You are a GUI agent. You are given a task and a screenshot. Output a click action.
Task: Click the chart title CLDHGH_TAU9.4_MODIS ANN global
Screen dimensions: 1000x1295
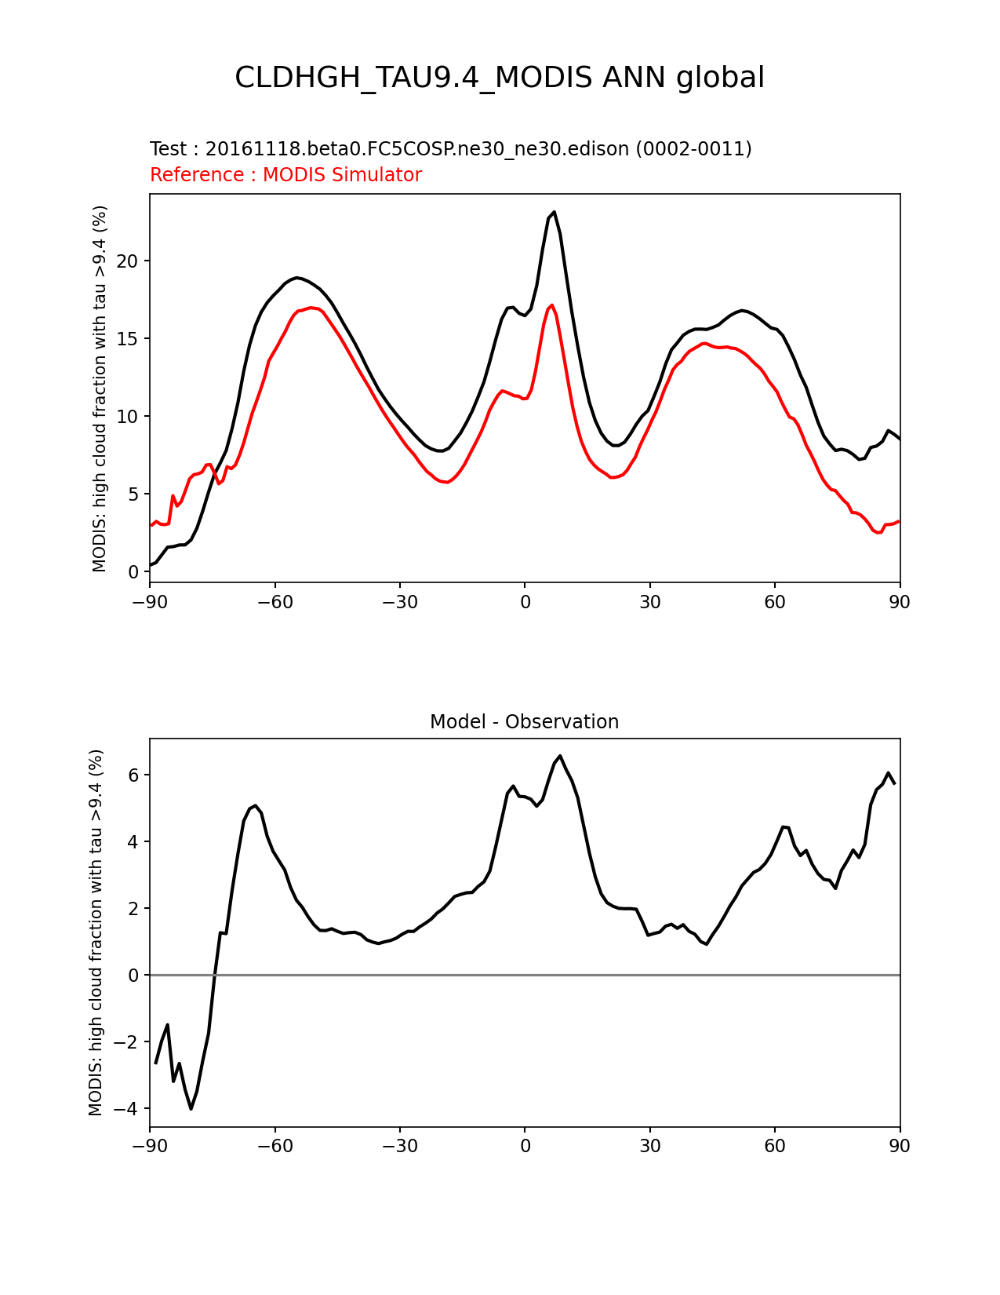[x=499, y=78]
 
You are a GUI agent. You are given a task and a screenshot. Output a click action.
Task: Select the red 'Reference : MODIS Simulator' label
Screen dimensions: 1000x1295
[x=286, y=174]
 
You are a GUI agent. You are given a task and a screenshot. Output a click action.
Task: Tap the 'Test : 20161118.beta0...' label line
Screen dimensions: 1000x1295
[x=450, y=149]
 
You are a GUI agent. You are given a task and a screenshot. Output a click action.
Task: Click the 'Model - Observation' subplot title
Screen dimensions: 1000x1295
[x=524, y=722]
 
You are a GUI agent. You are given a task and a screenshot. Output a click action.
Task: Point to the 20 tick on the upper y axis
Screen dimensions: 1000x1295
[x=127, y=261]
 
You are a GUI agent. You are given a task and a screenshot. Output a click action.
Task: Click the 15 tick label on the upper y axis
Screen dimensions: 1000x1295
[x=127, y=338]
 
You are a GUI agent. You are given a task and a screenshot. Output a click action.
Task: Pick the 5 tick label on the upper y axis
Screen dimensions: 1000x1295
[x=133, y=494]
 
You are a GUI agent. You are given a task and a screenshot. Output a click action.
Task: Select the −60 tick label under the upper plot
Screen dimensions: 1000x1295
[x=275, y=602]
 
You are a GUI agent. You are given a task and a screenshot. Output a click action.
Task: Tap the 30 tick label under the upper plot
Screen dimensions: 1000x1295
[x=649, y=602]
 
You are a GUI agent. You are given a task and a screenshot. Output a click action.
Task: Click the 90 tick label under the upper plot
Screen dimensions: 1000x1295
[x=900, y=602]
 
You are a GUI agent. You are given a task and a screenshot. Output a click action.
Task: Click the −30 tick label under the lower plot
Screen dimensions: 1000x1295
[x=400, y=1146]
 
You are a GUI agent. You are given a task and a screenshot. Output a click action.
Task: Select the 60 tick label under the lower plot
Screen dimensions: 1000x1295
[x=775, y=1146]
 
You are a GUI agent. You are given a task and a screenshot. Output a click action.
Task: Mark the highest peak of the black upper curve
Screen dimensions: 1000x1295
[x=555, y=212]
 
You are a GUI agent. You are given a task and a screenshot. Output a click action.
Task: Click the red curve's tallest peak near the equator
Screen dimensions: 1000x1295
[x=552, y=305]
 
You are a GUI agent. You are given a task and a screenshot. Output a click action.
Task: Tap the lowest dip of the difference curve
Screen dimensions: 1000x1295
[x=191, y=1108]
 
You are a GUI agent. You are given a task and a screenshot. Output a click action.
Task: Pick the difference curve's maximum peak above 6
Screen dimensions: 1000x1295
[x=560, y=756]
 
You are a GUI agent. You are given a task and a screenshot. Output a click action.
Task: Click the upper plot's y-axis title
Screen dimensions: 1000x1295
[x=100, y=388]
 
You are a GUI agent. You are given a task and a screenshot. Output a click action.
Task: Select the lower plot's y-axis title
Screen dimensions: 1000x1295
[x=96, y=932]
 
